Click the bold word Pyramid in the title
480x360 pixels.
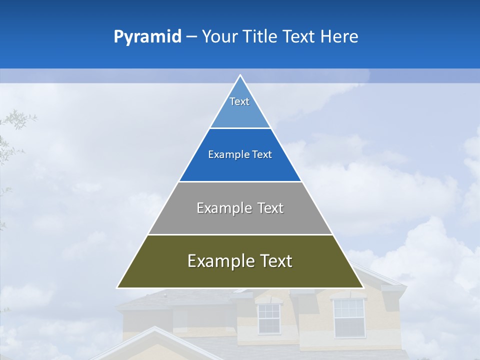pyautogui.click(x=147, y=37)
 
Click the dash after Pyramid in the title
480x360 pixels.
pyautogui.click(x=191, y=37)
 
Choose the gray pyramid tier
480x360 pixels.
pyautogui.click(x=240, y=220)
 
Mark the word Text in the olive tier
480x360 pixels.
pyautogui.click(x=274, y=261)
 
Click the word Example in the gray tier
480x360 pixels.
pyautogui.click(x=224, y=208)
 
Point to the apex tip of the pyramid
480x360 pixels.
pyautogui.click(x=240, y=75)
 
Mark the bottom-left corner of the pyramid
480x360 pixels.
pyautogui.click(x=117, y=287)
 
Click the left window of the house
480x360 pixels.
pyautogui.click(x=268, y=318)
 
